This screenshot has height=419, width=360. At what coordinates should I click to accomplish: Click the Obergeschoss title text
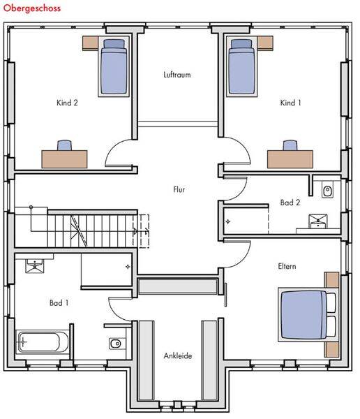(x=32, y=8)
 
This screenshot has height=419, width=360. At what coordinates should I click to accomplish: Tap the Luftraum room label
(x=177, y=75)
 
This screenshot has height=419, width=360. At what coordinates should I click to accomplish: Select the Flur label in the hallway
(x=179, y=189)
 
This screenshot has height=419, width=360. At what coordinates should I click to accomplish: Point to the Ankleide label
(x=178, y=355)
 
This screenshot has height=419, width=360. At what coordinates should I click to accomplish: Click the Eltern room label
(x=287, y=266)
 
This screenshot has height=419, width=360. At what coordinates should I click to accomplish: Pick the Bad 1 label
(x=59, y=303)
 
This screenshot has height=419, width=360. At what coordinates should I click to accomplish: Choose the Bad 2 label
(x=290, y=203)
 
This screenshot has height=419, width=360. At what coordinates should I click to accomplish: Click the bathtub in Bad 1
(x=43, y=342)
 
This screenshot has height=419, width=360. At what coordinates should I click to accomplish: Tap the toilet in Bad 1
(x=117, y=344)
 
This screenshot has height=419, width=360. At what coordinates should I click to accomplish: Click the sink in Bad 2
(x=318, y=221)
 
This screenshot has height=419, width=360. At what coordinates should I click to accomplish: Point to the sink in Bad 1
(x=35, y=266)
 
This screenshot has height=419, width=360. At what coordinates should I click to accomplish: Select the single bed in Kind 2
(x=114, y=66)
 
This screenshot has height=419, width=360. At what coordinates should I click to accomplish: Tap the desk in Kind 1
(x=290, y=159)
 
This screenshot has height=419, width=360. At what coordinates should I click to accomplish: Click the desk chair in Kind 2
(x=65, y=145)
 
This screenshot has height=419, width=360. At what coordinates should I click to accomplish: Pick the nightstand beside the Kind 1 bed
(x=265, y=43)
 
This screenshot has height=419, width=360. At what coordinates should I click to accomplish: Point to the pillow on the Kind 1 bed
(x=241, y=43)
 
